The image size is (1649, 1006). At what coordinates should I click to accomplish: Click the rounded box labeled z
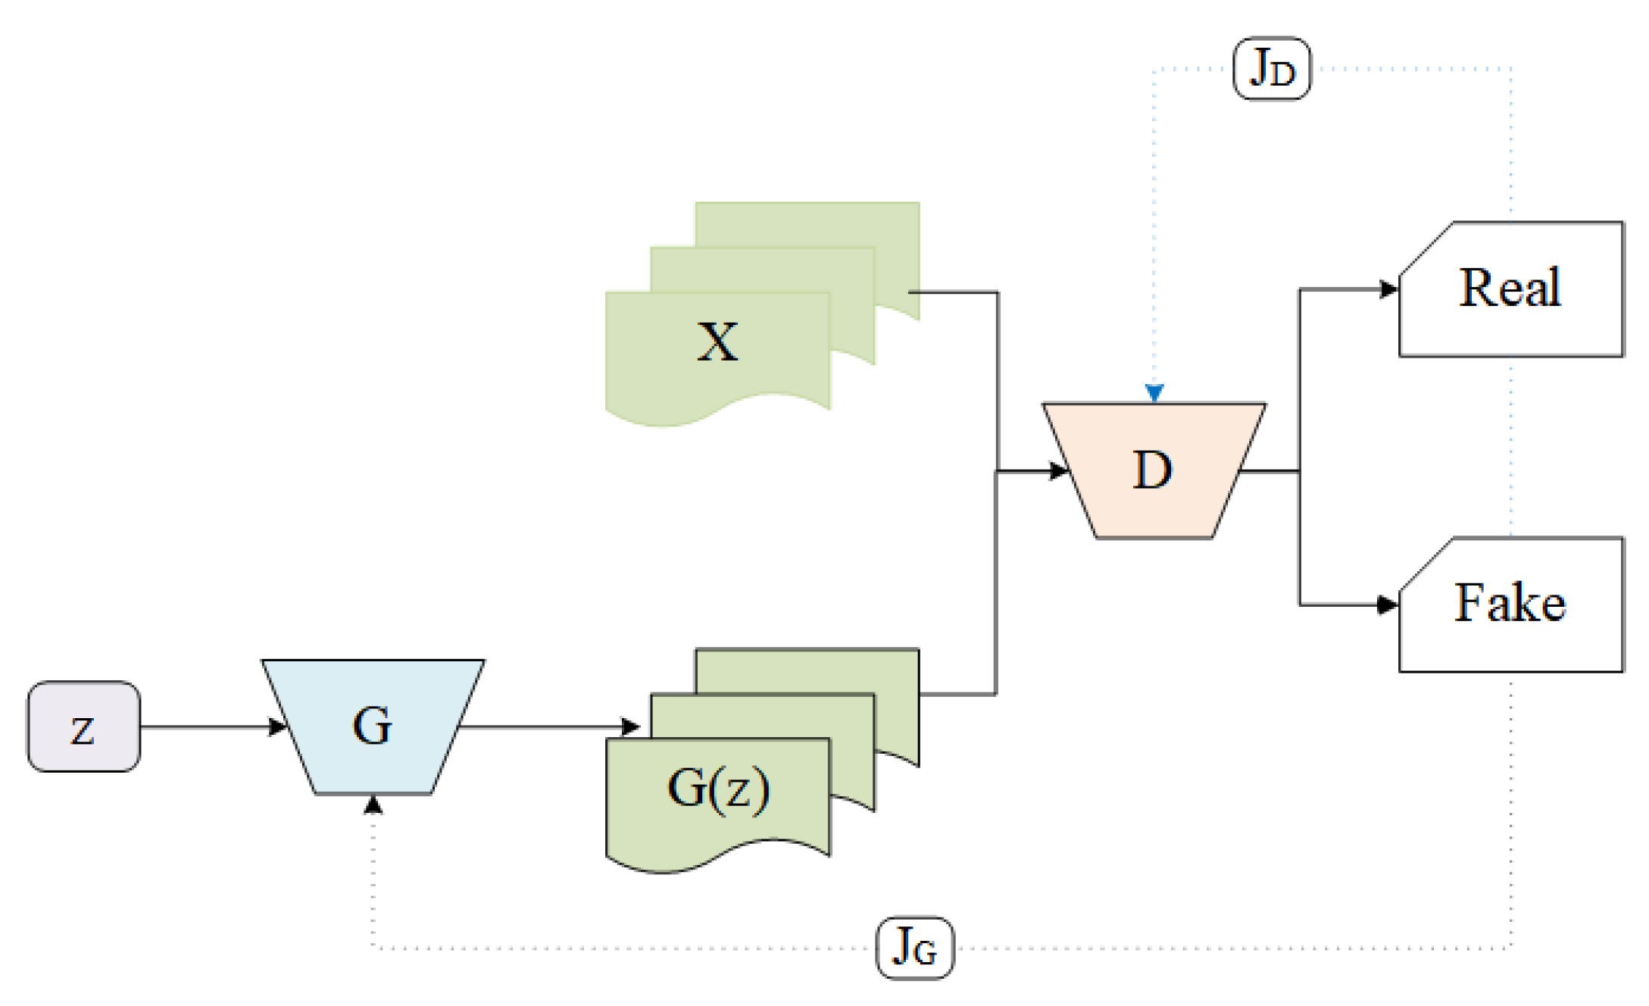83,726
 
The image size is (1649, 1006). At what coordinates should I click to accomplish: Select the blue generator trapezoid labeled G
373,726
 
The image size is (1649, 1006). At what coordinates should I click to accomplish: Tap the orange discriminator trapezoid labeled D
1153,470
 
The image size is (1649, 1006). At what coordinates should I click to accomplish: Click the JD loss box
1272,68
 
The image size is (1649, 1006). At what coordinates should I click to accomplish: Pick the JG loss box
915,947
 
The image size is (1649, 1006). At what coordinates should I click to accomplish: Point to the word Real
1510,288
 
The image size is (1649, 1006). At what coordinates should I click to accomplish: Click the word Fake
1510,603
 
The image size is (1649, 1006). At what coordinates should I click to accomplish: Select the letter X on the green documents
717,342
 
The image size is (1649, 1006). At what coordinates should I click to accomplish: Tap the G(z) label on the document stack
718,789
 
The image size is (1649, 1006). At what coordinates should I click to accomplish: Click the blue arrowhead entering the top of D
1154,393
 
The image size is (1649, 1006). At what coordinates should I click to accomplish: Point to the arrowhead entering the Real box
1388,289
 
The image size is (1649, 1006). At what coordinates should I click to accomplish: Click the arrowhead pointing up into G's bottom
373,804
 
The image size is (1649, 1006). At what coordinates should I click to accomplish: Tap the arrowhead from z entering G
277,727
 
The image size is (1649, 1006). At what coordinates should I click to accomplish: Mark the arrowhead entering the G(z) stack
630,727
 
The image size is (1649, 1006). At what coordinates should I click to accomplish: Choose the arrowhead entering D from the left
1057,471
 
